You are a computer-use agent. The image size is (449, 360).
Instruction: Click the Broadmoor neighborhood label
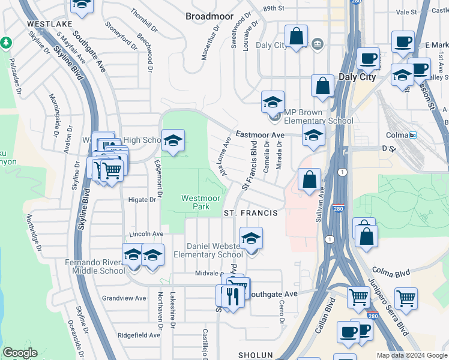pyautogui.click(x=209, y=16)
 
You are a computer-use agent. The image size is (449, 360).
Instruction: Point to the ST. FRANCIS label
pyautogui.click(x=250, y=213)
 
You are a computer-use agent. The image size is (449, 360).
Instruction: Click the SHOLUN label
pyautogui.click(x=256, y=355)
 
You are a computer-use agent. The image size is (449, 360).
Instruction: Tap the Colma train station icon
pyautogui.click(x=414, y=135)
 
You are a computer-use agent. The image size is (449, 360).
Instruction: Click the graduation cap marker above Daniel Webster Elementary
pyautogui.click(x=251, y=239)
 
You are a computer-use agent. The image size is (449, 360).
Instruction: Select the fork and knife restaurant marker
pyautogui.click(x=233, y=295)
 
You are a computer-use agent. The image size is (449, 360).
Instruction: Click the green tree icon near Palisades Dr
pyautogui.click(x=6, y=43)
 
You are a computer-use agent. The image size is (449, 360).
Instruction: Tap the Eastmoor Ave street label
pyautogui.click(x=260, y=135)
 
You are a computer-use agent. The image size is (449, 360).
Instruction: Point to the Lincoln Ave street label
pyautogui.click(x=146, y=233)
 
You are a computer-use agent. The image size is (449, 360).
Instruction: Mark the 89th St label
pyautogui.click(x=273, y=8)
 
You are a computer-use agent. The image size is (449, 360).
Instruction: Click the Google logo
pyautogui.click(x=20, y=353)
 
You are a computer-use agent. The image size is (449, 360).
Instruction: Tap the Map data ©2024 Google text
pyautogui.click(x=412, y=355)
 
